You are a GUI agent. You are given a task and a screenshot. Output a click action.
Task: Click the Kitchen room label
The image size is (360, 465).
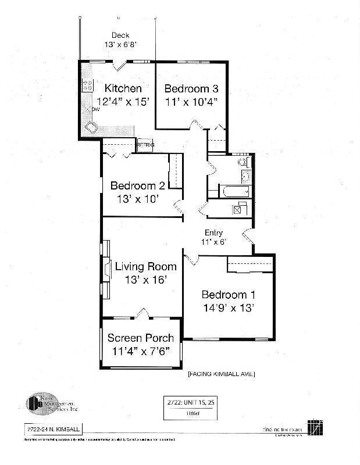point(123,88)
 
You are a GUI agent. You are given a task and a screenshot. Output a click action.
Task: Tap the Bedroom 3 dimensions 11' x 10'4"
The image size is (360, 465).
point(191,101)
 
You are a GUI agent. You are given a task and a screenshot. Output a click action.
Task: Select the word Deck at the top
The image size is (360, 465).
point(120,35)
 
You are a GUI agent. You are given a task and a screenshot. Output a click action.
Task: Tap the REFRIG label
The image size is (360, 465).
point(145,144)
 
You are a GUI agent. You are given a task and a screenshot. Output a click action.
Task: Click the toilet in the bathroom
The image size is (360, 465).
point(244,162)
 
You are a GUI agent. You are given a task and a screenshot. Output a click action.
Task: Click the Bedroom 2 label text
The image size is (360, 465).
point(137,186)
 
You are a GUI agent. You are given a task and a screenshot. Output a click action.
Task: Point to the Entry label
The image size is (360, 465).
point(213,233)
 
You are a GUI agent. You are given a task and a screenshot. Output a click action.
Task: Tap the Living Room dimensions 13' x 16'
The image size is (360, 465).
point(145,280)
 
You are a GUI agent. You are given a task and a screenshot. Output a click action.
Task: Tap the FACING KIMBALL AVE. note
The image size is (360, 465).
point(221,374)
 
